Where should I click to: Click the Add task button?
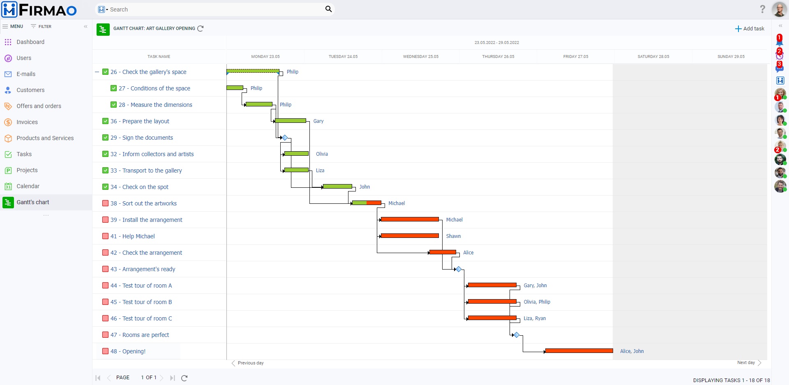tap(750, 29)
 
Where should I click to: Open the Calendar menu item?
tap(28, 186)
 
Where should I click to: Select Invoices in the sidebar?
tap(27, 122)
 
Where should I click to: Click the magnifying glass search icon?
tap(328, 9)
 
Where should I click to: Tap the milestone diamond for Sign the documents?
tap(285, 138)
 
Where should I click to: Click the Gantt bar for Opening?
tap(579, 351)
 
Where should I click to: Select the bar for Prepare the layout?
tap(291, 121)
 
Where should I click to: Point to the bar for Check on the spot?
tap(337, 187)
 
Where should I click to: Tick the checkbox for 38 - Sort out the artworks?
tap(106, 203)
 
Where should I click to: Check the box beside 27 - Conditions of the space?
tap(114, 88)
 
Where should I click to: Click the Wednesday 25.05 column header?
tap(420, 57)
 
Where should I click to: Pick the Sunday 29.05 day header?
tap(731, 57)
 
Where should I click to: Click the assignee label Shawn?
tap(453, 236)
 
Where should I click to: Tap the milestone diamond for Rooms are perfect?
tap(517, 335)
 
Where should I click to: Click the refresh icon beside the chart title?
tap(201, 29)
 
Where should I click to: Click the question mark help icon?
tap(762, 9)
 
